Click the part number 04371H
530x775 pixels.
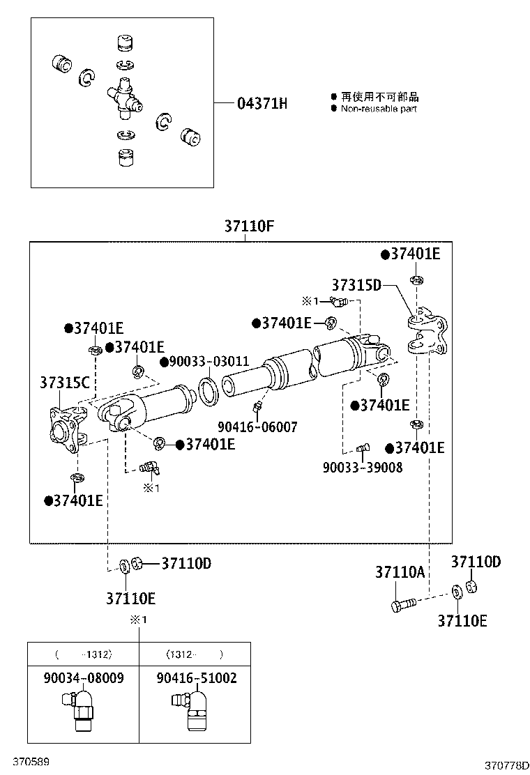pos(262,105)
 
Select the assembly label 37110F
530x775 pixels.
pos(249,227)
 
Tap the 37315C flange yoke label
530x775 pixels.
pos(64,383)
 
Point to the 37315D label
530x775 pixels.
pos(356,285)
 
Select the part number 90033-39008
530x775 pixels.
pos(362,468)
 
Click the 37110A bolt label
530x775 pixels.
pos(400,572)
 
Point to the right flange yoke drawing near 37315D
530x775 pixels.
pos(426,335)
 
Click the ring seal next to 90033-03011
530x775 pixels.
pos(209,391)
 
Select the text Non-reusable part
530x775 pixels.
pos(378,109)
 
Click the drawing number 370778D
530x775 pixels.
pos(506,765)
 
